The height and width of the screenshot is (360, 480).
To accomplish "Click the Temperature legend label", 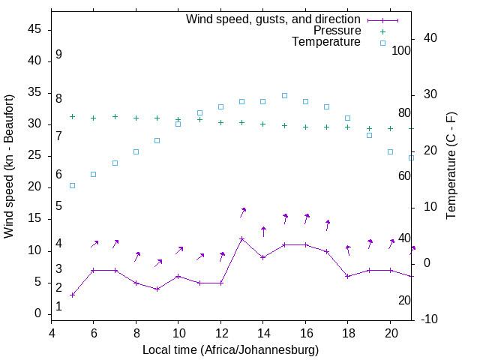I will tap(326, 43).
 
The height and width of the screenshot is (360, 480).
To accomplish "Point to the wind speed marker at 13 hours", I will tap(241, 238).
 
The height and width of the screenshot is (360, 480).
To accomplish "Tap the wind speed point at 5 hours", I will tap(72, 295).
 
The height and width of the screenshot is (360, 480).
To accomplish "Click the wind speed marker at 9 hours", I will tap(157, 289).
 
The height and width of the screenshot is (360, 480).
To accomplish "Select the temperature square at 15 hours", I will tap(284, 95).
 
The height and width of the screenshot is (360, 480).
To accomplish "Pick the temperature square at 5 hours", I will tap(72, 185).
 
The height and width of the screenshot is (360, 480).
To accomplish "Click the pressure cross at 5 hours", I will tap(72, 116).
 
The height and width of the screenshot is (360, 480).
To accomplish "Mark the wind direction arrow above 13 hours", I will tap(243, 212).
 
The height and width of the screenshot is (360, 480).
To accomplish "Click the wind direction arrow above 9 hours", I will tap(158, 262).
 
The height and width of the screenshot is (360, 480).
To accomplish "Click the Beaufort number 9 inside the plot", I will tap(58, 55).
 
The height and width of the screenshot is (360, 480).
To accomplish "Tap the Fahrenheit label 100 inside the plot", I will tap(402, 50).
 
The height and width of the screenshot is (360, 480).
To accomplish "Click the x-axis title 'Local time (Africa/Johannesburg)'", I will tap(230, 349).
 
